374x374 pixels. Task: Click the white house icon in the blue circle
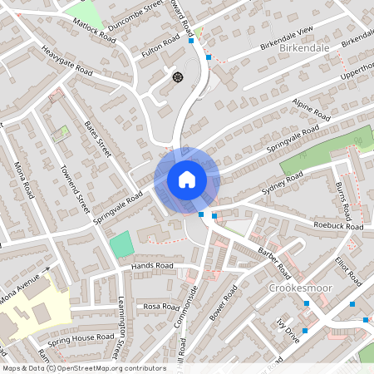(186, 180)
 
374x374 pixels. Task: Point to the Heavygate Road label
(66, 61)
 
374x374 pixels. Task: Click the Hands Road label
(152, 266)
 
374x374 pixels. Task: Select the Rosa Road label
(161, 307)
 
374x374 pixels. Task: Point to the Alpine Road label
(312, 103)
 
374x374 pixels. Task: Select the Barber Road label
(274, 261)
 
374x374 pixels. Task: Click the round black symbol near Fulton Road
(177, 76)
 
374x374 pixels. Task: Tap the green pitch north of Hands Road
(122, 244)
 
